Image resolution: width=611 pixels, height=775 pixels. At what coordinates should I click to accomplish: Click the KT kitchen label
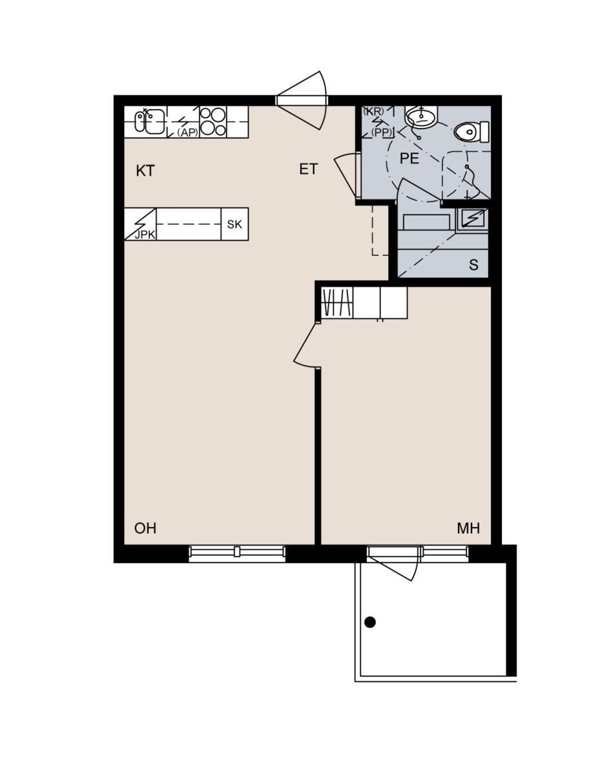pyautogui.click(x=145, y=170)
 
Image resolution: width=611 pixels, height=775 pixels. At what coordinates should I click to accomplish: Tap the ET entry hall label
pyautogui.click(x=308, y=169)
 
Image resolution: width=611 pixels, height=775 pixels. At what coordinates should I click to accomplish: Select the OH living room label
pyautogui.click(x=145, y=528)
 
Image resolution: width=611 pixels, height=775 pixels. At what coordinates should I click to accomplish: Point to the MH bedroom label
pyautogui.click(x=468, y=528)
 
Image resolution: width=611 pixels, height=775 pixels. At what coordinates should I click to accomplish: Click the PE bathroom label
pyautogui.click(x=409, y=158)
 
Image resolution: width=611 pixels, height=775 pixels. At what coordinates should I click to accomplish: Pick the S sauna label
pyautogui.click(x=473, y=265)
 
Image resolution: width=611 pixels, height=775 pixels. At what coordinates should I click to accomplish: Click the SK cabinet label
pyautogui.click(x=234, y=224)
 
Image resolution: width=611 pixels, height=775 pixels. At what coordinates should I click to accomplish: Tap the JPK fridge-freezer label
pyautogui.click(x=145, y=235)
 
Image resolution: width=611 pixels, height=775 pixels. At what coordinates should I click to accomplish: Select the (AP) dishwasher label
pyautogui.click(x=188, y=132)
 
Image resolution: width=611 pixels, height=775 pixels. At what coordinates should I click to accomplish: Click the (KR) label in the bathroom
pyautogui.click(x=373, y=111)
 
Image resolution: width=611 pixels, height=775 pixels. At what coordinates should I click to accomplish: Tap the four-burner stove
pyautogui.click(x=213, y=121)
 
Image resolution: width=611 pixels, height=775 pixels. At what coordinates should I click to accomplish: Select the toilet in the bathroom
pyautogui.click(x=471, y=132)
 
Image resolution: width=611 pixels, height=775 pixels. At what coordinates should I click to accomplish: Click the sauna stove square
pyautogui.click(x=472, y=219)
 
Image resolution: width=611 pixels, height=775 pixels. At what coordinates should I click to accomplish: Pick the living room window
pyautogui.click(x=237, y=554)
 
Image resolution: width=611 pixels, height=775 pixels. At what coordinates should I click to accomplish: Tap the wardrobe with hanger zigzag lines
pyautogui.click(x=337, y=302)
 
